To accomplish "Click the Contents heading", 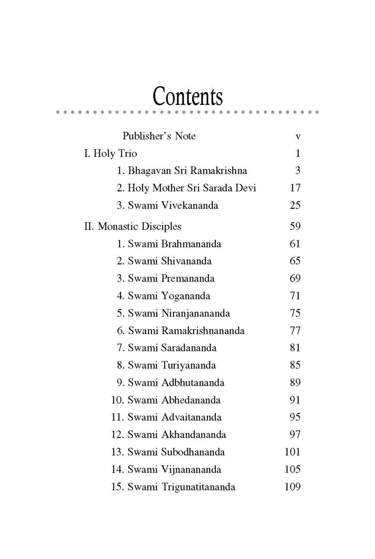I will coord(187,96).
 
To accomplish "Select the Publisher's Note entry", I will coord(159,136).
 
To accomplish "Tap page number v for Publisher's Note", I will coord(298,137).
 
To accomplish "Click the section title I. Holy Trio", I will coord(111,153).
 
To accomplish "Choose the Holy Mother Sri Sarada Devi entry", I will coord(186,188).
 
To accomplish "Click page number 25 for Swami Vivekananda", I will coord(295,205).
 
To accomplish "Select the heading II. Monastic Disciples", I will coord(133,226).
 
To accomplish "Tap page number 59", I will coord(295,226).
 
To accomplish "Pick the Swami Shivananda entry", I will coord(164,261).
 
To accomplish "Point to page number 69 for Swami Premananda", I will coord(295,278).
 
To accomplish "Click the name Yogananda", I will coord(186,296).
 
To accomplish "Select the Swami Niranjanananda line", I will coord(173,313).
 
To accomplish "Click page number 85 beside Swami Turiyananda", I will coord(295,365).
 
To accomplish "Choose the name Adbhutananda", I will coord(193,383).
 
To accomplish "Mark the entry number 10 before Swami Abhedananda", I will coord(117,400).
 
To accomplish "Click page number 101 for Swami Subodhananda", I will coord(292,452).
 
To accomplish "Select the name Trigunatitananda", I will coord(198,487).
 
